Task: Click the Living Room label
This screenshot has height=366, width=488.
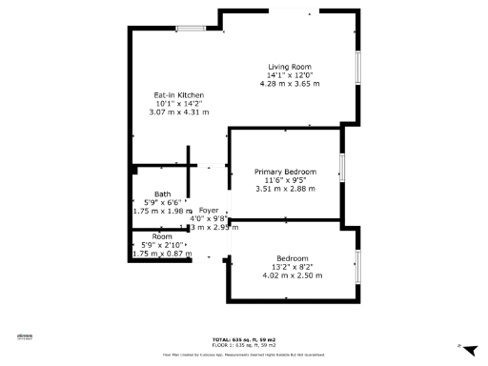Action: [x=290, y=66]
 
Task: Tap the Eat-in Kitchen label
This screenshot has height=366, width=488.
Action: [x=178, y=95]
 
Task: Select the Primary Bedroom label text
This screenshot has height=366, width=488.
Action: [x=285, y=172]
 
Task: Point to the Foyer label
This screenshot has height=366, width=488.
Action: [x=208, y=210]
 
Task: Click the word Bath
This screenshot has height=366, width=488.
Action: [x=163, y=194]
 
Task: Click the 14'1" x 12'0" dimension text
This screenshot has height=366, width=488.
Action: [x=290, y=75]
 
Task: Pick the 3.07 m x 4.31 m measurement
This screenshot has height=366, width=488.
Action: [x=178, y=113]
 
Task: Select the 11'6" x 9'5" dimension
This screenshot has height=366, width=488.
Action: [x=285, y=180]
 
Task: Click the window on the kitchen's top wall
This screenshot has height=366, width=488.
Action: [x=190, y=29]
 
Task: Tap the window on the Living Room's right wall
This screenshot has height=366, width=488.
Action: [x=358, y=71]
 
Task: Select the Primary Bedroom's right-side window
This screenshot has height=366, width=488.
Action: [x=341, y=172]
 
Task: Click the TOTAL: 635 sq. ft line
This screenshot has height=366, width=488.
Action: [x=243, y=339]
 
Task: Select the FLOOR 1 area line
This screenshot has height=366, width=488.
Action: [x=243, y=344]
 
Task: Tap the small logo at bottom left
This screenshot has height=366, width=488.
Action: [x=25, y=335]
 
